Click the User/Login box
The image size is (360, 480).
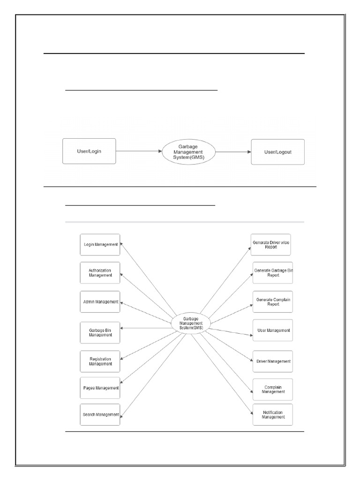[x=89, y=151]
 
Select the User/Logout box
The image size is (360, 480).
[x=277, y=151]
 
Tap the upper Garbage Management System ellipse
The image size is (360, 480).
[x=188, y=151]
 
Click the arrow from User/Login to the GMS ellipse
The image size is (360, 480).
[x=139, y=151]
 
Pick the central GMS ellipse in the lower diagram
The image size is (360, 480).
[x=191, y=323]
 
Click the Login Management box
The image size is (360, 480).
[x=100, y=245]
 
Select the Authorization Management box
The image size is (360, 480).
[x=100, y=273]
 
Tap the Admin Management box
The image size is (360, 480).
[x=100, y=302]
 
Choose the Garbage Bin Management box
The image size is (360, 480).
[x=100, y=333]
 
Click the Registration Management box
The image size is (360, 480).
[x=100, y=361]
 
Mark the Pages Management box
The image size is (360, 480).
[x=100, y=388]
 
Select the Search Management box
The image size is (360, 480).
[x=100, y=414]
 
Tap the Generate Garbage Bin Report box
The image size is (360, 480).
[x=273, y=273]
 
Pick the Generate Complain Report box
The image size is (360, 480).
[x=273, y=302]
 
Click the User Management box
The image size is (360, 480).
[x=273, y=330]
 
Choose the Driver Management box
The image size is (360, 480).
[x=273, y=361]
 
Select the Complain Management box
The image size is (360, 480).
[x=273, y=390]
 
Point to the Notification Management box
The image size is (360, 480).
[x=273, y=414]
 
